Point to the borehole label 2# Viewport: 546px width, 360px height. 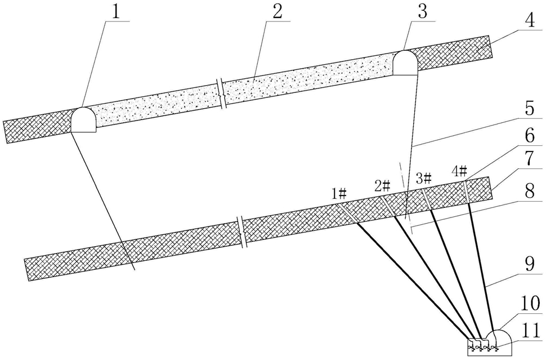pos(383,184)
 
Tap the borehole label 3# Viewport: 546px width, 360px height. pos(423,179)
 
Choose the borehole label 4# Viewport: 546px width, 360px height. pos(459,170)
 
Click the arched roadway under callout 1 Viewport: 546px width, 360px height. pos(83,120)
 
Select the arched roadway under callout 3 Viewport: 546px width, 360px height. pos(405,63)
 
